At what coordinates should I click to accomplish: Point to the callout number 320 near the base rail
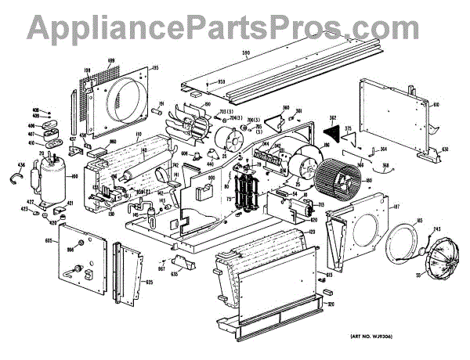point(331,304)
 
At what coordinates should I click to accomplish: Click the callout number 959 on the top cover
point(222,82)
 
